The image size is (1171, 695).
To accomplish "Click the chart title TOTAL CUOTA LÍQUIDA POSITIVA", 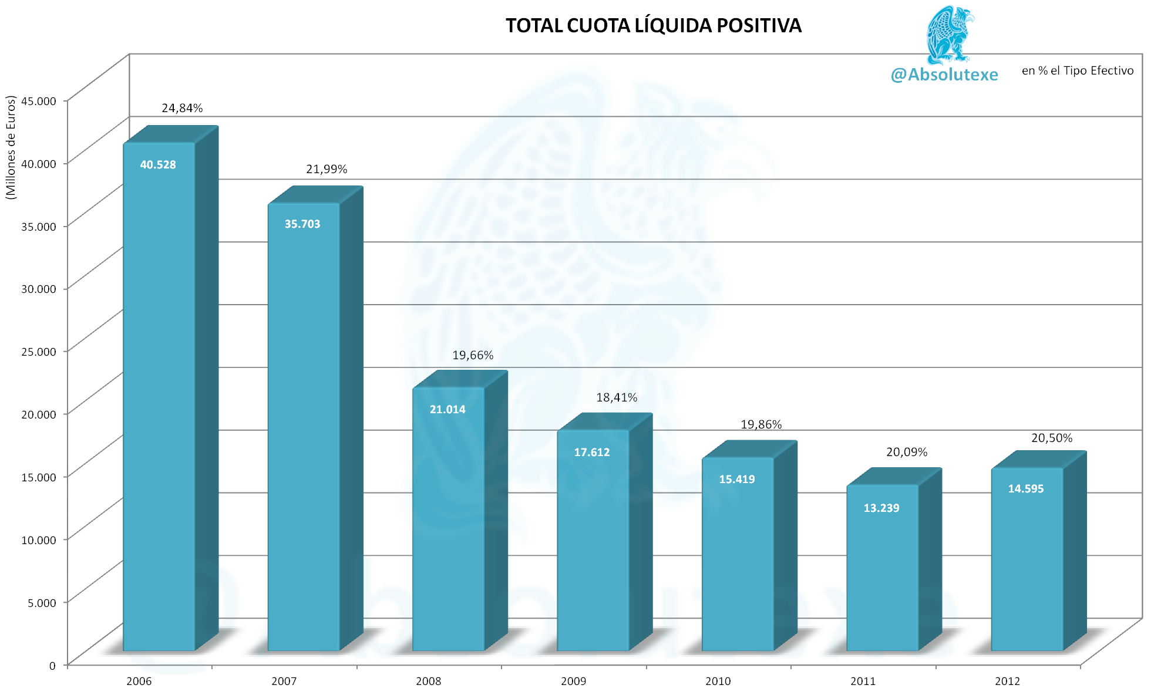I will pyautogui.click(x=653, y=26).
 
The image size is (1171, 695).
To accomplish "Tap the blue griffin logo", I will pyautogui.click(x=948, y=35).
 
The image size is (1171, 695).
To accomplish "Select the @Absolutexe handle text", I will pyautogui.click(x=944, y=75).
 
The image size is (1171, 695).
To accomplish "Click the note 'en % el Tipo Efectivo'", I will pyautogui.click(x=1077, y=70).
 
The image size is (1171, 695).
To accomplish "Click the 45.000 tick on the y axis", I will pyautogui.click(x=39, y=101).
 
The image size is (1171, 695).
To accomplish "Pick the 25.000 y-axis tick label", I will pyautogui.click(x=39, y=352).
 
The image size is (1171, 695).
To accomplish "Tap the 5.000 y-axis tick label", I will pyautogui.click(x=42, y=603).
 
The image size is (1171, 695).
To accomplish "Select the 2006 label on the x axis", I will pyautogui.click(x=139, y=681).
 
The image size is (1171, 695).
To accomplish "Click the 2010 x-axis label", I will pyautogui.click(x=718, y=681).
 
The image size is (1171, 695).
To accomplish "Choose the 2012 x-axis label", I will pyautogui.click(x=1007, y=681).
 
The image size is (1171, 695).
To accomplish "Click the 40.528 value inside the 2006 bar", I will pyautogui.click(x=158, y=165).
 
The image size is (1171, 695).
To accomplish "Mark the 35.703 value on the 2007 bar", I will pyautogui.click(x=302, y=224).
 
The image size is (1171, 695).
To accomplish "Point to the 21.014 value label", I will pyautogui.click(x=447, y=410).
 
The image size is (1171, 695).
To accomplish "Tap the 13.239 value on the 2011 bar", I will pyautogui.click(x=881, y=508).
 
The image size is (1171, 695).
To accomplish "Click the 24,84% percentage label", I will pyautogui.click(x=182, y=108).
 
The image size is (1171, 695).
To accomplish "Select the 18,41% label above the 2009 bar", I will pyautogui.click(x=617, y=397).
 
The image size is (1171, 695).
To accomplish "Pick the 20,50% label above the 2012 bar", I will pyautogui.click(x=1052, y=438).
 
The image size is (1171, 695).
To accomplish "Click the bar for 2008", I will pyautogui.click(x=449, y=528).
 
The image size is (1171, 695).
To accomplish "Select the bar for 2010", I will pyautogui.click(x=738, y=564).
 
